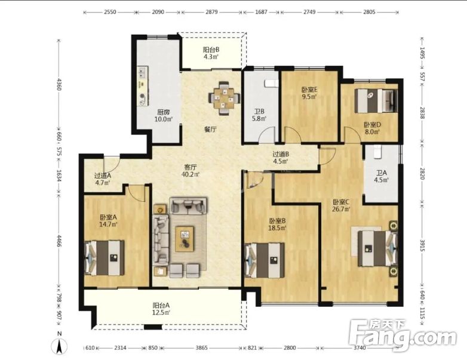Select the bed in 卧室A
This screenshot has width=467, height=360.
105,258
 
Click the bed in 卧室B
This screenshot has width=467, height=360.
265,260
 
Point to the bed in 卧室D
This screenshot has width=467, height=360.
376,101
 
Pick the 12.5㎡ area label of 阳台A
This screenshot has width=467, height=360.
161,312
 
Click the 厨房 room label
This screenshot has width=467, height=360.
164,112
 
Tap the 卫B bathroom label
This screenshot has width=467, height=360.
259,112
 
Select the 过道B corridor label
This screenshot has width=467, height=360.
281,154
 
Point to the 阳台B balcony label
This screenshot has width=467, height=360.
211,50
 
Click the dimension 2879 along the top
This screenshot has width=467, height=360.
211,12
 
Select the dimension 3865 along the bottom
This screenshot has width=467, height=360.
202,347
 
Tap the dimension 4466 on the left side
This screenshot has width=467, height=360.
59,241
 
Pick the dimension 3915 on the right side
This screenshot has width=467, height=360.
422,245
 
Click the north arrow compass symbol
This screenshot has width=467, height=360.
60,346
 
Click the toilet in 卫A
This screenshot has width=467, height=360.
377,150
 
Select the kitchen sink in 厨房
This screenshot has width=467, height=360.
142,72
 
